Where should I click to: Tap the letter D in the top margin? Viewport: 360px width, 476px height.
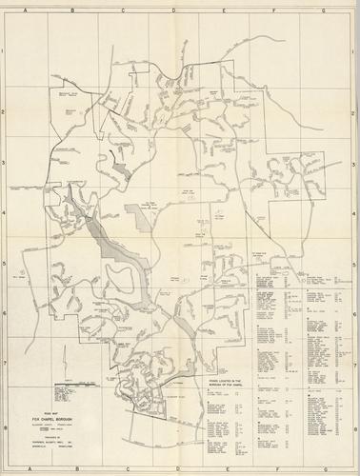(x=173, y=8)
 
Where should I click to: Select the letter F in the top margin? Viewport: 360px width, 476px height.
(x=274, y=8)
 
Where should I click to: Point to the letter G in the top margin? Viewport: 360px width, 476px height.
(x=324, y=8)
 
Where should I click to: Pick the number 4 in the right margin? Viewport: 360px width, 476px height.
(x=353, y=215)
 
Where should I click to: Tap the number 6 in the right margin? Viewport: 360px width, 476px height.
(x=353, y=314)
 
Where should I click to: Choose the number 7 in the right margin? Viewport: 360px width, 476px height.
(x=353, y=363)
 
